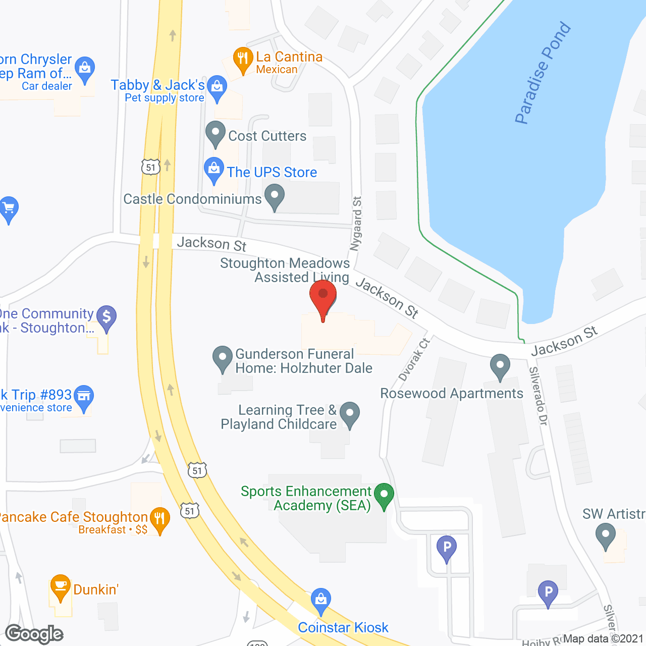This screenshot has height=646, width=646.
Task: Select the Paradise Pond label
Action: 543,73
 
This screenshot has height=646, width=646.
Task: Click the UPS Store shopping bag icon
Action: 214,169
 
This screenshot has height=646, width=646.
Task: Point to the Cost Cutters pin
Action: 216,133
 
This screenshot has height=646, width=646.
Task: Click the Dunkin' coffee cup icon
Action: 60,586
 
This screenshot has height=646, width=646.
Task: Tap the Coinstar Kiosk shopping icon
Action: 320,600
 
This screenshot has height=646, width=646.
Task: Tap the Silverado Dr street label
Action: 538,396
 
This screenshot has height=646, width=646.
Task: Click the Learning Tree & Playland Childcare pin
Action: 349,413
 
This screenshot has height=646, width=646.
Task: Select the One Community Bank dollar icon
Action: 106,317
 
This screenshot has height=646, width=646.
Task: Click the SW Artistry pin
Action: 605,535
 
